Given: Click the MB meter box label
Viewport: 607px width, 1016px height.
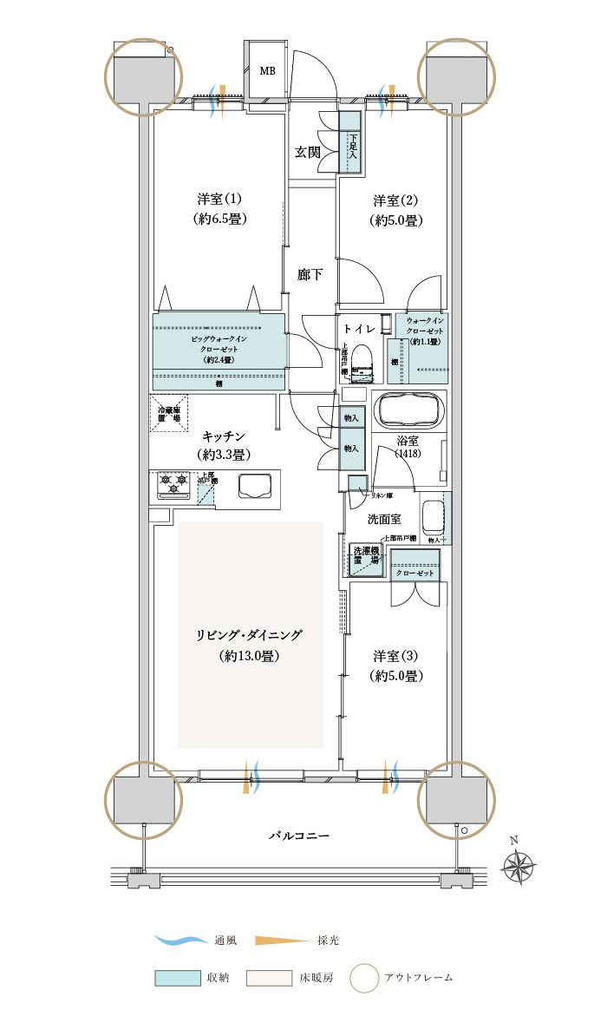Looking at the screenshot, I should click(x=266, y=70).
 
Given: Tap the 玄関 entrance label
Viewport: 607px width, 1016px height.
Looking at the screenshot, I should click(x=307, y=152).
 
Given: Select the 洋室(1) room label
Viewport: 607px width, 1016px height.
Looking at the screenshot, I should click(x=221, y=198).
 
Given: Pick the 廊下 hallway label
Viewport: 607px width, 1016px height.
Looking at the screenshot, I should click(x=310, y=275).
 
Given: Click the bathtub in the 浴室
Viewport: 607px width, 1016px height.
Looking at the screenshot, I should click(x=408, y=409).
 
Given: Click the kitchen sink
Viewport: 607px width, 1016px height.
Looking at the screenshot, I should click(x=256, y=488).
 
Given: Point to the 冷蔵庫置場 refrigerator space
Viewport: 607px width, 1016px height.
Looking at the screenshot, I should click(x=167, y=413).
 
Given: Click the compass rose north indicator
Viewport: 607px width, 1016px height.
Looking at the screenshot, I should click(x=518, y=866).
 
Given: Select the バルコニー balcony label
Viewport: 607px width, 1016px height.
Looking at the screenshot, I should click(x=298, y=836).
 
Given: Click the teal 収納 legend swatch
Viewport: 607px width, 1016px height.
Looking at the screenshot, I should click(x=178, y=977).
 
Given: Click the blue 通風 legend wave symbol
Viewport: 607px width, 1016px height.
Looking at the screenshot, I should click(x=180, y=941).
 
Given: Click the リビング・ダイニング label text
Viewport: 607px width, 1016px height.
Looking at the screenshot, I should click(x=249, y=636).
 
